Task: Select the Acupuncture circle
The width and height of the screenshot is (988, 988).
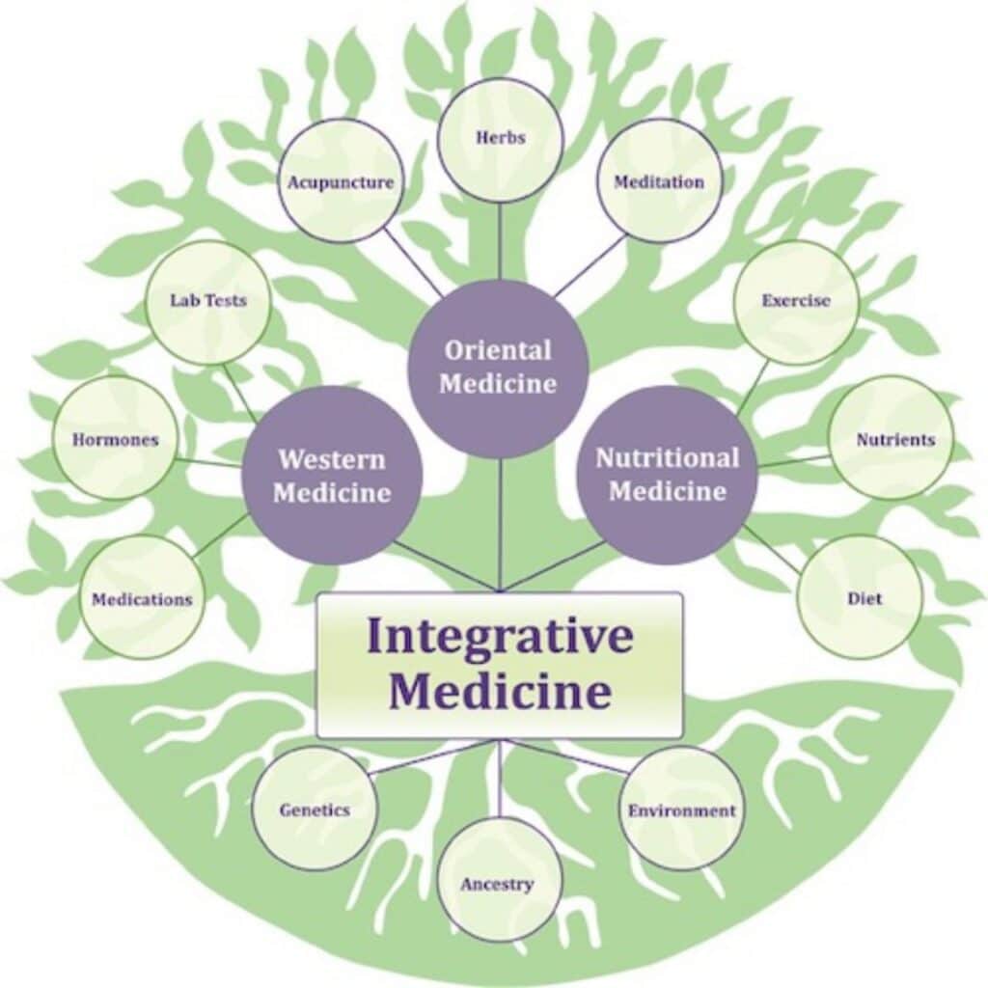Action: pyautogui.click(x=341, y=182)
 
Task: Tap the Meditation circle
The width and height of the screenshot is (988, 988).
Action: pyautogui.click(x=659, y=182)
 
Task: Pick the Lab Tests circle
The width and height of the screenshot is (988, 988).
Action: pyautogui.click(x=207, y=302)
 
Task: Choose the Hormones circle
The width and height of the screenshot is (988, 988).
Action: pyautogui.click(x=115, y=439)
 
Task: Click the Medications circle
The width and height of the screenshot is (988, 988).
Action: pyautogui.click(x=142, y=598)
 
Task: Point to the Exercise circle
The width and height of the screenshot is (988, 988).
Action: pyautogui.click(x=796, y=302)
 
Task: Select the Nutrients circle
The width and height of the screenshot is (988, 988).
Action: pyautogui.click(x=891, y=439)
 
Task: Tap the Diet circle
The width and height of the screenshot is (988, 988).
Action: pyautogui.click(x=860, y=598)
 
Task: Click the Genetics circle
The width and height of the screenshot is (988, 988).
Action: pyautogui.click(x=316, y=810)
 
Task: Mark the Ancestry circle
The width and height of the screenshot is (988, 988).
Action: pyautogui.click(x=500, y=882)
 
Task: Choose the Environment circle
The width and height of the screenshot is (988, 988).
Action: pyautogui.click(x=680, y=810)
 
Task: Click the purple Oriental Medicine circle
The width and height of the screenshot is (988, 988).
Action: pyautogui.click(x=498, y=369)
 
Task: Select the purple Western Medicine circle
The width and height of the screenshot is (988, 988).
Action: pyautogui.click(x=332, y=476)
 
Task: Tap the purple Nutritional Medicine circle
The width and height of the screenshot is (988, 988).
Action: pyautogui.click(x=668, y=475)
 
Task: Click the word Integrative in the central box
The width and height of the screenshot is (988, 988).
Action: pyautogui.click(x=500, y=636)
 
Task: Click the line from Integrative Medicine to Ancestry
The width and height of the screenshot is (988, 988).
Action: pyautogui.click(x=499, y=780)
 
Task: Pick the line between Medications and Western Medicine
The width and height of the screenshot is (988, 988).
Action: pyautogui.click(x=221, y=536)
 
